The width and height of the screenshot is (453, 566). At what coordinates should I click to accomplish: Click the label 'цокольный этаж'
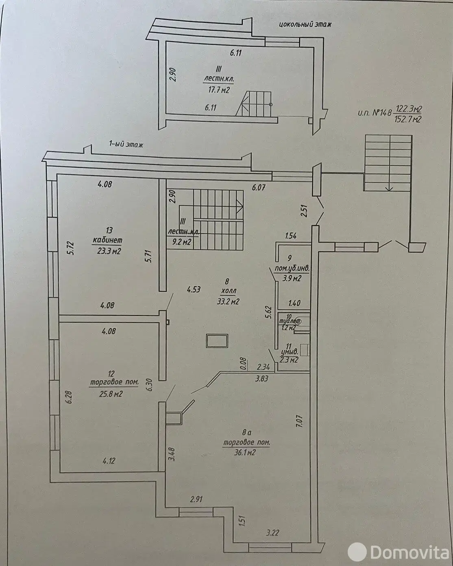pos(305,24)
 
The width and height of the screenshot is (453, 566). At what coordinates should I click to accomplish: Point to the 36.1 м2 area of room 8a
pos(241,452)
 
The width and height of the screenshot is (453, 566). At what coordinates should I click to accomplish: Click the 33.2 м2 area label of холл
pos(227,302)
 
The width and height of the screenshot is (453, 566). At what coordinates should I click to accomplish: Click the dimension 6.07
pos(259,188)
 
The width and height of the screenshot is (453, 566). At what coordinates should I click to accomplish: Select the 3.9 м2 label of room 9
pos(292,279)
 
